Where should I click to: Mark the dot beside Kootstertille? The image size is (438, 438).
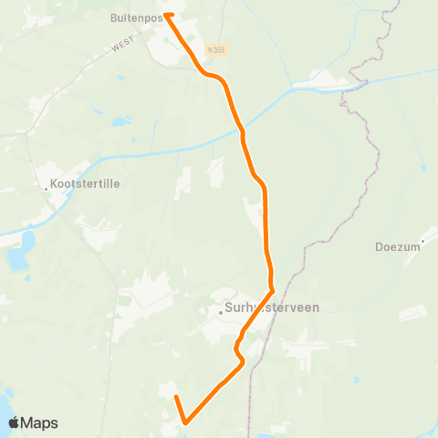click(x=47, y=189)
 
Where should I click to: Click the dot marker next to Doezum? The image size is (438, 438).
click(x=422, y=241)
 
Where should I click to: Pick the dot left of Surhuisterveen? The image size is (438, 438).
click(x=222, y=313)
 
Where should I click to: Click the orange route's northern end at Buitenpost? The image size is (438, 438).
click(x=167, y=15)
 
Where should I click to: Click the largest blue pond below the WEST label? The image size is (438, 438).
click(x=121, y=121)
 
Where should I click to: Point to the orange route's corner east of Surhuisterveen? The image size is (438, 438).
click(x=273, y=292)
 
